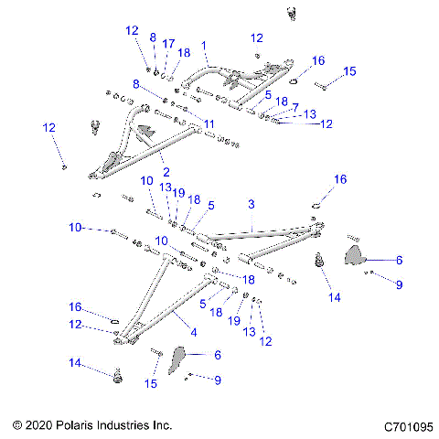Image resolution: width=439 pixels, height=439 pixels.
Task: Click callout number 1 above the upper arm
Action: [205, 44]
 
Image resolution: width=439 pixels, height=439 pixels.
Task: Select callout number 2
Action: [166, 171]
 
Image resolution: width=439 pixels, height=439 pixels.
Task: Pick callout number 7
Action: [295, 106]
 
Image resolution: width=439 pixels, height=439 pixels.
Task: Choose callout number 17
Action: [168, 43]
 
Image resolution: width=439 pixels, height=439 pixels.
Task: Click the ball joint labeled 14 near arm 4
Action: [116, 374]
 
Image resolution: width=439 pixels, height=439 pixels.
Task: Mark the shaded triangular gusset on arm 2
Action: [143, 132]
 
